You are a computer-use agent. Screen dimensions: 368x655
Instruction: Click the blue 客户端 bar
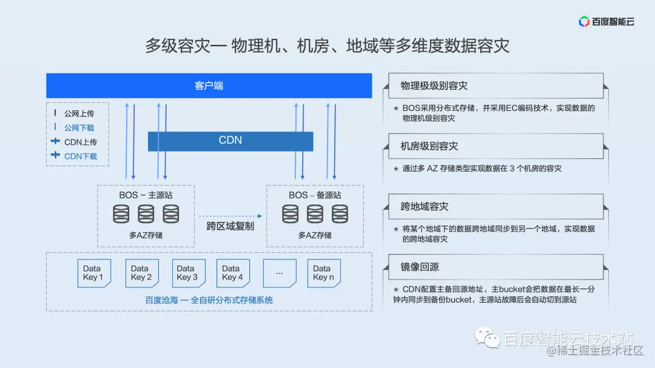209,85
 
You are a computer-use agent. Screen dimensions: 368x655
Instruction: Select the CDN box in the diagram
230,141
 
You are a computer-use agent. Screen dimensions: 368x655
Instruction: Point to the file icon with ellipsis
280,273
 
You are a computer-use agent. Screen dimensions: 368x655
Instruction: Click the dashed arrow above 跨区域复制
230,216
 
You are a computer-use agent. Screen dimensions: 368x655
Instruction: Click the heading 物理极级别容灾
434,86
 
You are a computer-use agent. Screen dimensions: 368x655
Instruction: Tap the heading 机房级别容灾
429,146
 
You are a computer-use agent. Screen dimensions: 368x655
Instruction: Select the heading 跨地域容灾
424,207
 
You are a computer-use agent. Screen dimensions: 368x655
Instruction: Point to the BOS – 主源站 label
146,195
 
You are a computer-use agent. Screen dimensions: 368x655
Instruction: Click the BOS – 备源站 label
315,195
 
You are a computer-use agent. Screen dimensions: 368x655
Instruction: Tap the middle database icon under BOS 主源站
146,214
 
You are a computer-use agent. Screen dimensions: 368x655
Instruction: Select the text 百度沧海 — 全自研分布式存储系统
209,300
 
